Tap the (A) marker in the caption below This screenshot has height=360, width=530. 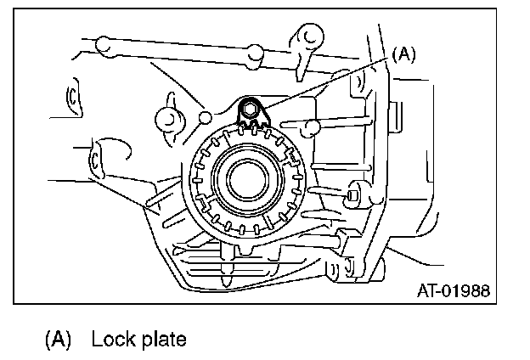click(58, 340)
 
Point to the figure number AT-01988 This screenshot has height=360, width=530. click(454, 293)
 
